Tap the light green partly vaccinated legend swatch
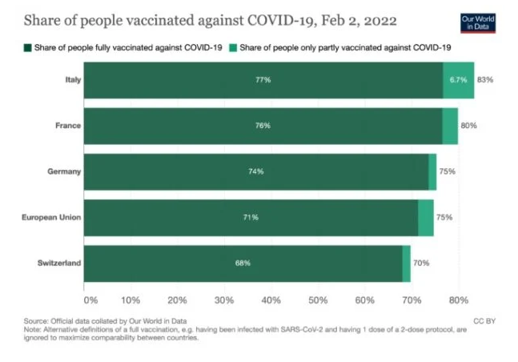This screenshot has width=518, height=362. [234, 49]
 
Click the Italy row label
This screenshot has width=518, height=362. [70, 80]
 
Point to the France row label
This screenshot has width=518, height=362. [68, 126]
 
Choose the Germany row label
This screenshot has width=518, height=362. [66, 171]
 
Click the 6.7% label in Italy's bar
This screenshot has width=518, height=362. [458, 80]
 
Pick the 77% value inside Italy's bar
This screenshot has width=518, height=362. [263, 80]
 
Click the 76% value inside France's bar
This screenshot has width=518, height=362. [263, 126]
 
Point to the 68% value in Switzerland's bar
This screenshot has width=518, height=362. [243, 263]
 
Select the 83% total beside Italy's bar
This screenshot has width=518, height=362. [484, 80]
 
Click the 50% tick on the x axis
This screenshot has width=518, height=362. [318, 300]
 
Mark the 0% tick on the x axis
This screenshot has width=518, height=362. [90, 300]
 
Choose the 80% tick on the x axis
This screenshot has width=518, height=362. [459, 300]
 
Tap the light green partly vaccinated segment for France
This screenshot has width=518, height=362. [450, 126]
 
